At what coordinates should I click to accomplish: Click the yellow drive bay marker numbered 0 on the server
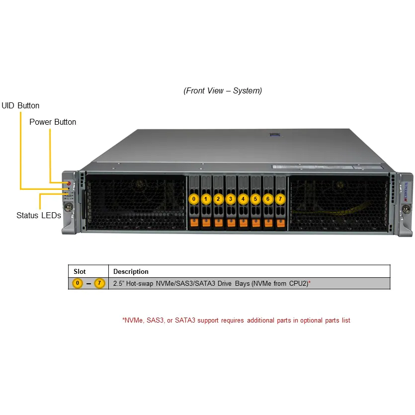[x=194, y=199]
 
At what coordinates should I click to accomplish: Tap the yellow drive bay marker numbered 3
[x=231, y=199]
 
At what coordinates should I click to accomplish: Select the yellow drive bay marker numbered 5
[x=255, y=199]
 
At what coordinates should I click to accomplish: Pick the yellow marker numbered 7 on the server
[x=280, y=199]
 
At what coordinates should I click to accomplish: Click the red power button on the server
[x=69, y=183]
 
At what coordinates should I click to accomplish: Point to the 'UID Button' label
[x=20, y=105]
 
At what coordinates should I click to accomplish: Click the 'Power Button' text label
[x=53, y=122]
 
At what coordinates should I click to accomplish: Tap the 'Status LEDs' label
[x=39, y=215]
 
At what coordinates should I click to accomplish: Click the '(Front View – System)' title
[x=223, y=90]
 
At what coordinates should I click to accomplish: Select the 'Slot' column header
[x=80, y=271]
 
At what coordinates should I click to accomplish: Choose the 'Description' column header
[x=131, y=271]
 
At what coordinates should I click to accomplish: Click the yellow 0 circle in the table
[x=78, y=283]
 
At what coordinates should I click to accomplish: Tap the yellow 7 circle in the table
[x=99, y=283]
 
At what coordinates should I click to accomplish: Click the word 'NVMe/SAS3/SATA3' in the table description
[x=185, y=283]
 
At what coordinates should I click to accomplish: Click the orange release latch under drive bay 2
[x=219, y=223]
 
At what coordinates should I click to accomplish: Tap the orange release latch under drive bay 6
[x=268, y=223]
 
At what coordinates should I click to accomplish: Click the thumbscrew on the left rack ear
[x=69, y=206]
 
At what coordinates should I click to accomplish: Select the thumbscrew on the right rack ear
[x=406, y=209]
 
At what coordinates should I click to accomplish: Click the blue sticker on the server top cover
[x=275, y=135]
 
